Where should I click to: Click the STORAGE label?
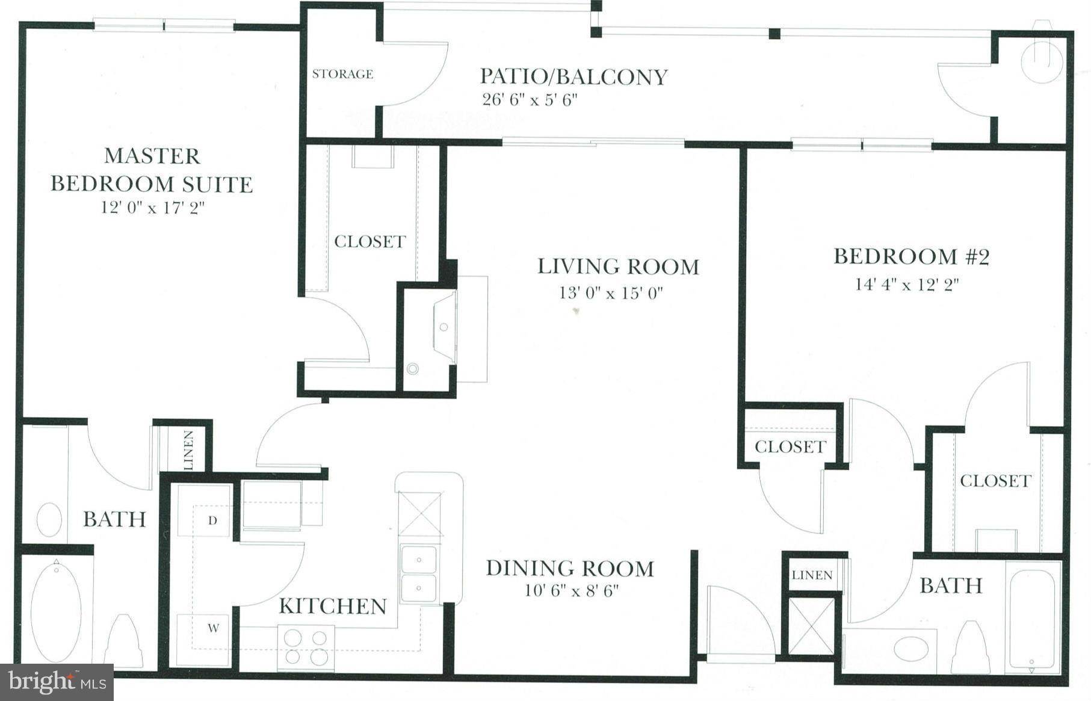(342, 74)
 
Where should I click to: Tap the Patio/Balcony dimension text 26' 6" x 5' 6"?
(530, 99)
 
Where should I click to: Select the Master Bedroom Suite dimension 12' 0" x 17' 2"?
(153, 208)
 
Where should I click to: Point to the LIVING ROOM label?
(618, 267)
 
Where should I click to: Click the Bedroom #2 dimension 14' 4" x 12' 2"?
(907, 284)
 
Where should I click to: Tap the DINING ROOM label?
(570, 568)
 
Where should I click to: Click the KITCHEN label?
(333, 606)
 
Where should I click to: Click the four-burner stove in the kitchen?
(306, 647)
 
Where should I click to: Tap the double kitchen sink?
(419, 573)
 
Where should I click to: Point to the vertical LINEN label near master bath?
(188, 450)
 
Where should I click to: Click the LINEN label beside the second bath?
(812, 575)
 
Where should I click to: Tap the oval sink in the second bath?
(912, 649)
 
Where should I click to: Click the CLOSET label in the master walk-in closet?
(369, 241)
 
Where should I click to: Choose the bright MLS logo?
(57, 682)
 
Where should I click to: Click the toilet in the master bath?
(123, 643)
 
